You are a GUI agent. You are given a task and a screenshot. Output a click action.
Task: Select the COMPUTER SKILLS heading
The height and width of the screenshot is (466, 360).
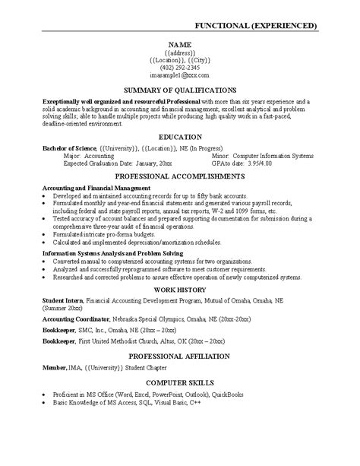[179, 382]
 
